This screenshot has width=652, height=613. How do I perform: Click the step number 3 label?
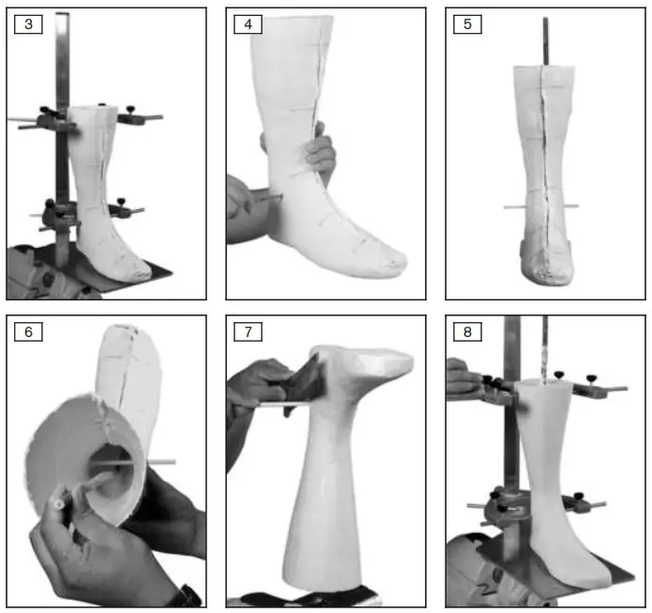[28, 24]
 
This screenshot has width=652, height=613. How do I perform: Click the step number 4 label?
[248, 24]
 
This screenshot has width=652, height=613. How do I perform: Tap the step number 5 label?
[467, 24]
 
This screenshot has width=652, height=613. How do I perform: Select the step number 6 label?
[28, 331]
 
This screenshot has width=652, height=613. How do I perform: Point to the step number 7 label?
[248, 331]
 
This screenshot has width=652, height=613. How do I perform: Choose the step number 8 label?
[467, 331]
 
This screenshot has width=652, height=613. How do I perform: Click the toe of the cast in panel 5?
[544, 272]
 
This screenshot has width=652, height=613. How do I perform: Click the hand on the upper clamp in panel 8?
[462, 376]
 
